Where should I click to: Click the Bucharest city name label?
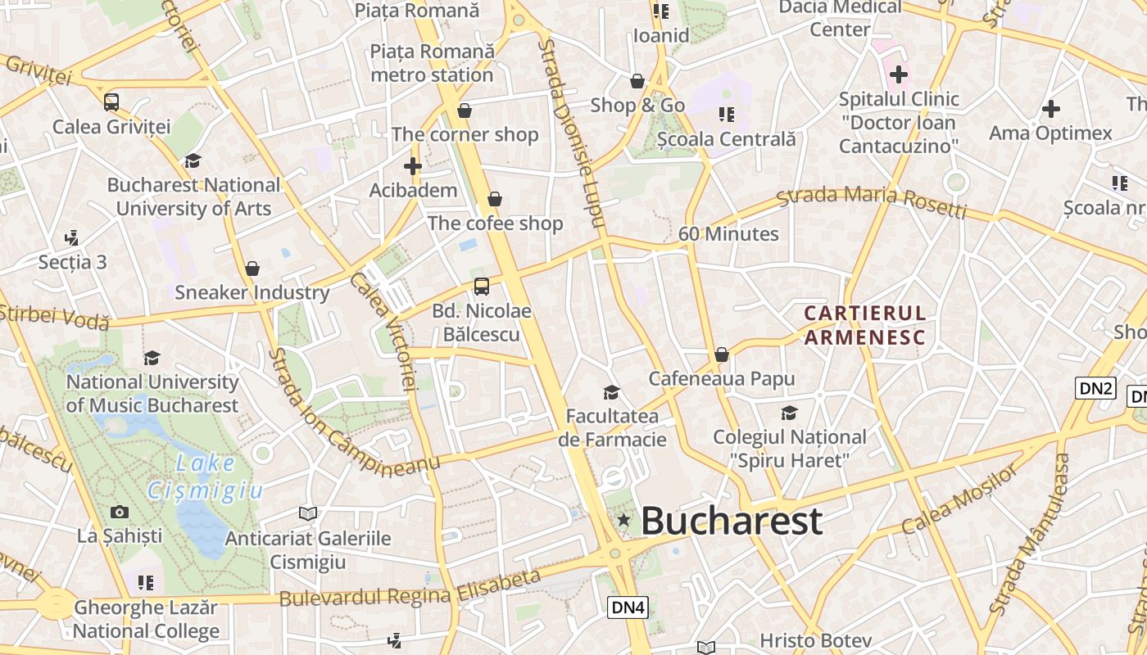coord(731,521)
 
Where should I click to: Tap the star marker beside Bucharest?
coord(624,520)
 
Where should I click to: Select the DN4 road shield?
coord(628,608)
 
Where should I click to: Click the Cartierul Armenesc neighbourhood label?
coord(865,325)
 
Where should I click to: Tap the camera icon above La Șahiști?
coord(120,513)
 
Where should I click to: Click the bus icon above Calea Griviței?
coord(111,102)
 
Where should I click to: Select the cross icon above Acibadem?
coord(413,166)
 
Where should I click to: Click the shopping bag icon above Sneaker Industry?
coord(252,269)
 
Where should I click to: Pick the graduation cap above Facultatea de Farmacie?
coord(611,392)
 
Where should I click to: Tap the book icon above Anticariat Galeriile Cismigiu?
coord(308,514)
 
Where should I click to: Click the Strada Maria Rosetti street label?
coord(872,201)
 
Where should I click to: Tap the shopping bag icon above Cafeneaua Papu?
coord(722,355)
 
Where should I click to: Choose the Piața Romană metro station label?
coord(433,63)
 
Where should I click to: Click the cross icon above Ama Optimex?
coord(1050,109)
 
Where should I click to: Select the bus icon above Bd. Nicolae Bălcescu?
coord(482,287)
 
